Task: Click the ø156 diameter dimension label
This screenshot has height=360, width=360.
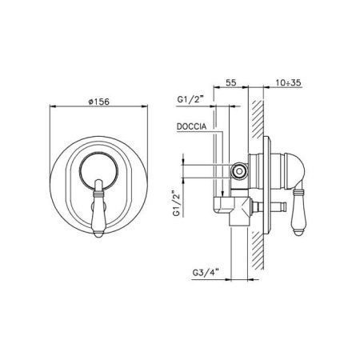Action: [98, 102]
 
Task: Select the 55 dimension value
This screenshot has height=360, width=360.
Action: [231, 82]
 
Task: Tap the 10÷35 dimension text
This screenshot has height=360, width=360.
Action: [288, 82]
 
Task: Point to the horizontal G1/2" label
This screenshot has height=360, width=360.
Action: [190, 99]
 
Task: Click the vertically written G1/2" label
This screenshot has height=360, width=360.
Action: [177, 202]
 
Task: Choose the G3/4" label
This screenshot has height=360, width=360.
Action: [206, 273]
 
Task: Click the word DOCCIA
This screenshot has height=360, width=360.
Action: [191, 126]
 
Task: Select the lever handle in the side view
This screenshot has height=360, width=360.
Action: [298, 210]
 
